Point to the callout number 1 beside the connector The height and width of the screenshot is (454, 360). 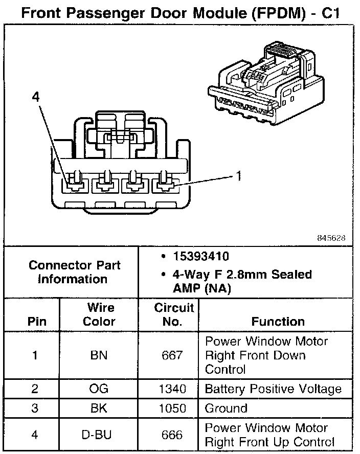coord(238,176)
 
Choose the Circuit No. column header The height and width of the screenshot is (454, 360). coord(174,314)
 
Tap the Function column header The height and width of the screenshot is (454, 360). coord(278,322)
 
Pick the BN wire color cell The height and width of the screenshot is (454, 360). coord(99,355)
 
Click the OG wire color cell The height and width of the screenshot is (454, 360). coord(99,389)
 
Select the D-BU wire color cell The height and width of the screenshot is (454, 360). coord(99,435)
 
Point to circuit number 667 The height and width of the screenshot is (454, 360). coord(172,355)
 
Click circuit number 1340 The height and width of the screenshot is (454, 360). coord(172,389)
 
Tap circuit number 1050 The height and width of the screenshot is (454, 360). coord(172,408)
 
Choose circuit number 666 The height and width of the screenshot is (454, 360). coord(172,435)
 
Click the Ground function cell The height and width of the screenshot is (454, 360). coord(226,408)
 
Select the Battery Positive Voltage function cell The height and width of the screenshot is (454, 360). coord(273,389)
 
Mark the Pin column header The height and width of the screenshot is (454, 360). coord(36,322)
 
